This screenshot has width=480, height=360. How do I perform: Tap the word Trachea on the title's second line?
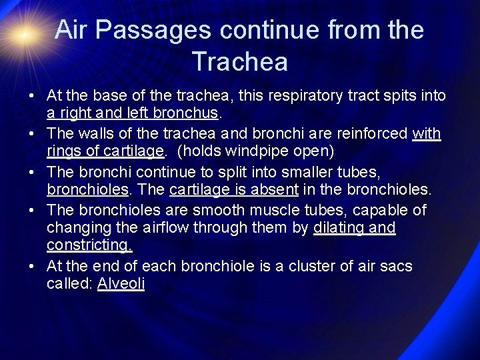(240, 61)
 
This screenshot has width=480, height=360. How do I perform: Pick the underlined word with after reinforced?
(427, 133)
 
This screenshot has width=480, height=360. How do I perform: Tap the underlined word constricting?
(89, 246)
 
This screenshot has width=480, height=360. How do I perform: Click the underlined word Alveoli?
(121, 283)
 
